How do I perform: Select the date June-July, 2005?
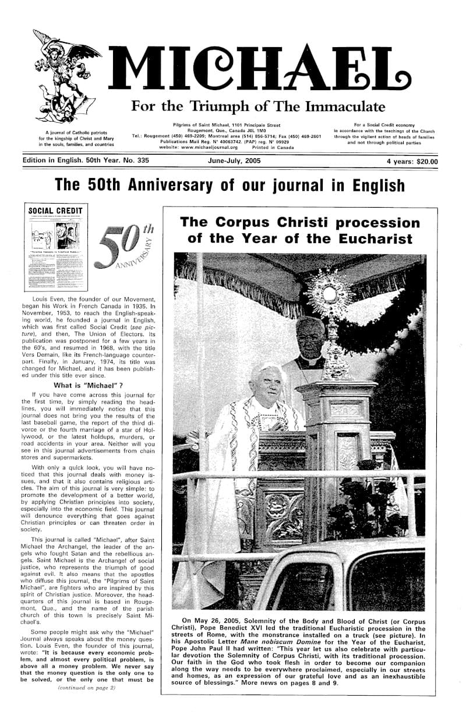click(234, 161)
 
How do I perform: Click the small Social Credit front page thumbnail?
click(56, 247)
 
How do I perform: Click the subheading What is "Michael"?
click(91, 385)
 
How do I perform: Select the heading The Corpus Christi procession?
click(300, 230)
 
